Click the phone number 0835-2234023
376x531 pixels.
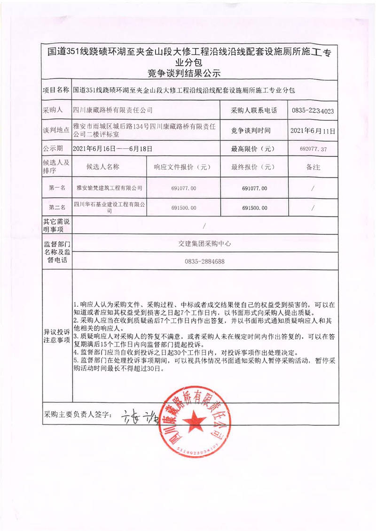tap(313, 111)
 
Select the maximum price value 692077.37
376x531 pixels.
tap(313, 149)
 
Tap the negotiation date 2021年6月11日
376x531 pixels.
tap(313, 130)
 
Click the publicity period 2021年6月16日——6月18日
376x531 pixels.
tap(113, 149)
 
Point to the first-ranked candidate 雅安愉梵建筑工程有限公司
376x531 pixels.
tap(109, 188)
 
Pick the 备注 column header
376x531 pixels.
tap(313, 167)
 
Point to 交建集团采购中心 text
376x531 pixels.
tap(204, 244)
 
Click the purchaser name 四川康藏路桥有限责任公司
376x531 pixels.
tap(113, 111)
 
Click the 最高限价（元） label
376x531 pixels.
tap(252, 149)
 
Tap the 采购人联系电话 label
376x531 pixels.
tap(254, 111)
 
